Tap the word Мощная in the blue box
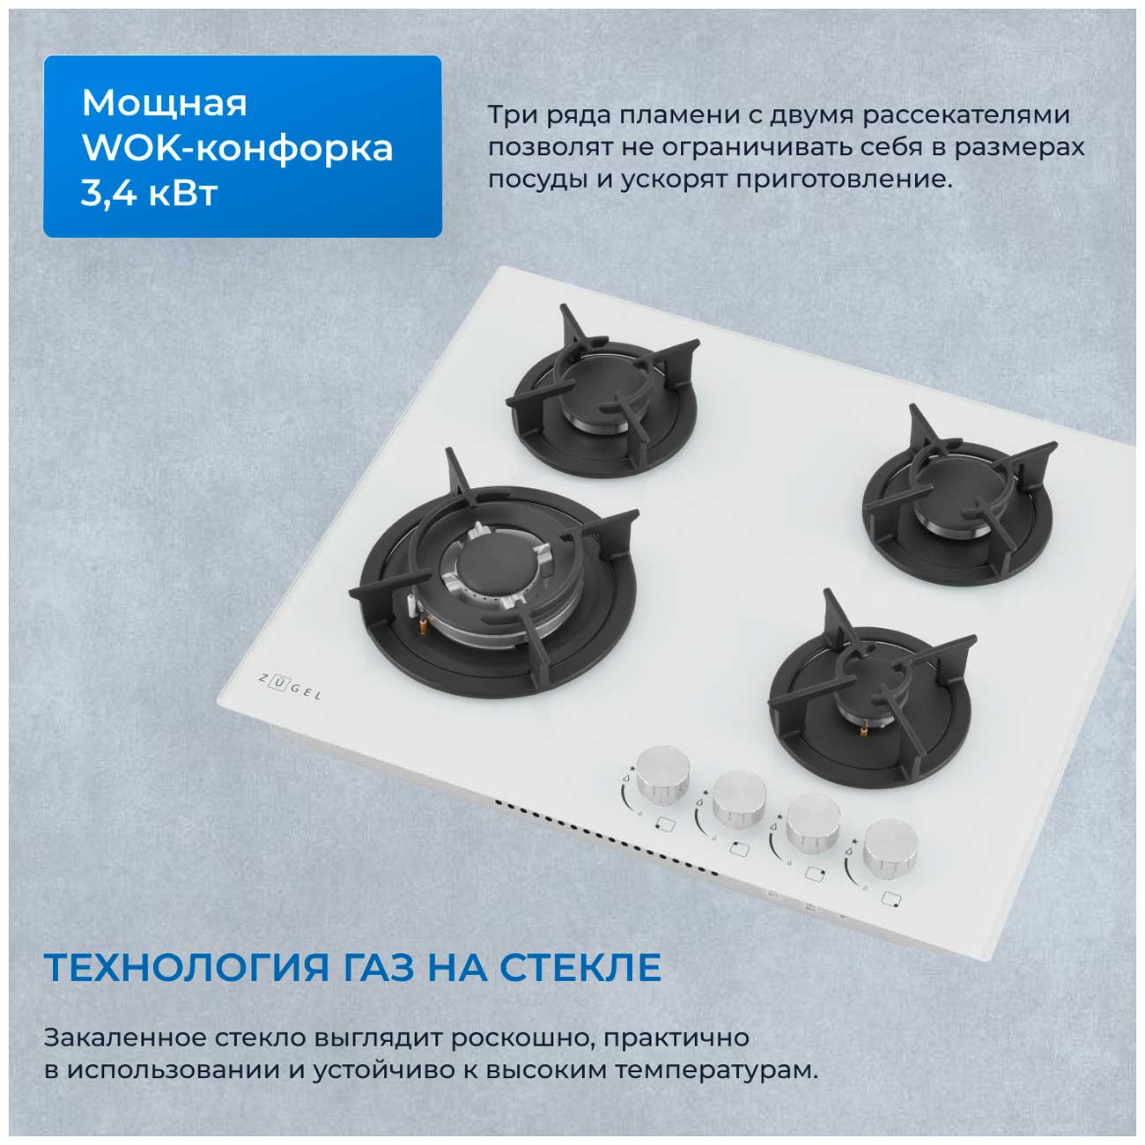tap(164, 103)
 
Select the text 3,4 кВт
tap(149, 193)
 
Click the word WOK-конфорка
tap(238, 148)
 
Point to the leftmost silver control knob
tap(662, 774)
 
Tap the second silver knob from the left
tap(739, 798)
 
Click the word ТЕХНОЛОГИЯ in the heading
tap(186, 969)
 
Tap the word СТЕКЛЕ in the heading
tap(580, 968)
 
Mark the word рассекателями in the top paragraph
tap(966, 114)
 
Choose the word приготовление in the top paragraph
tap(844, 179)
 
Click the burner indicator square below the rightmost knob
tap(891, 899)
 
